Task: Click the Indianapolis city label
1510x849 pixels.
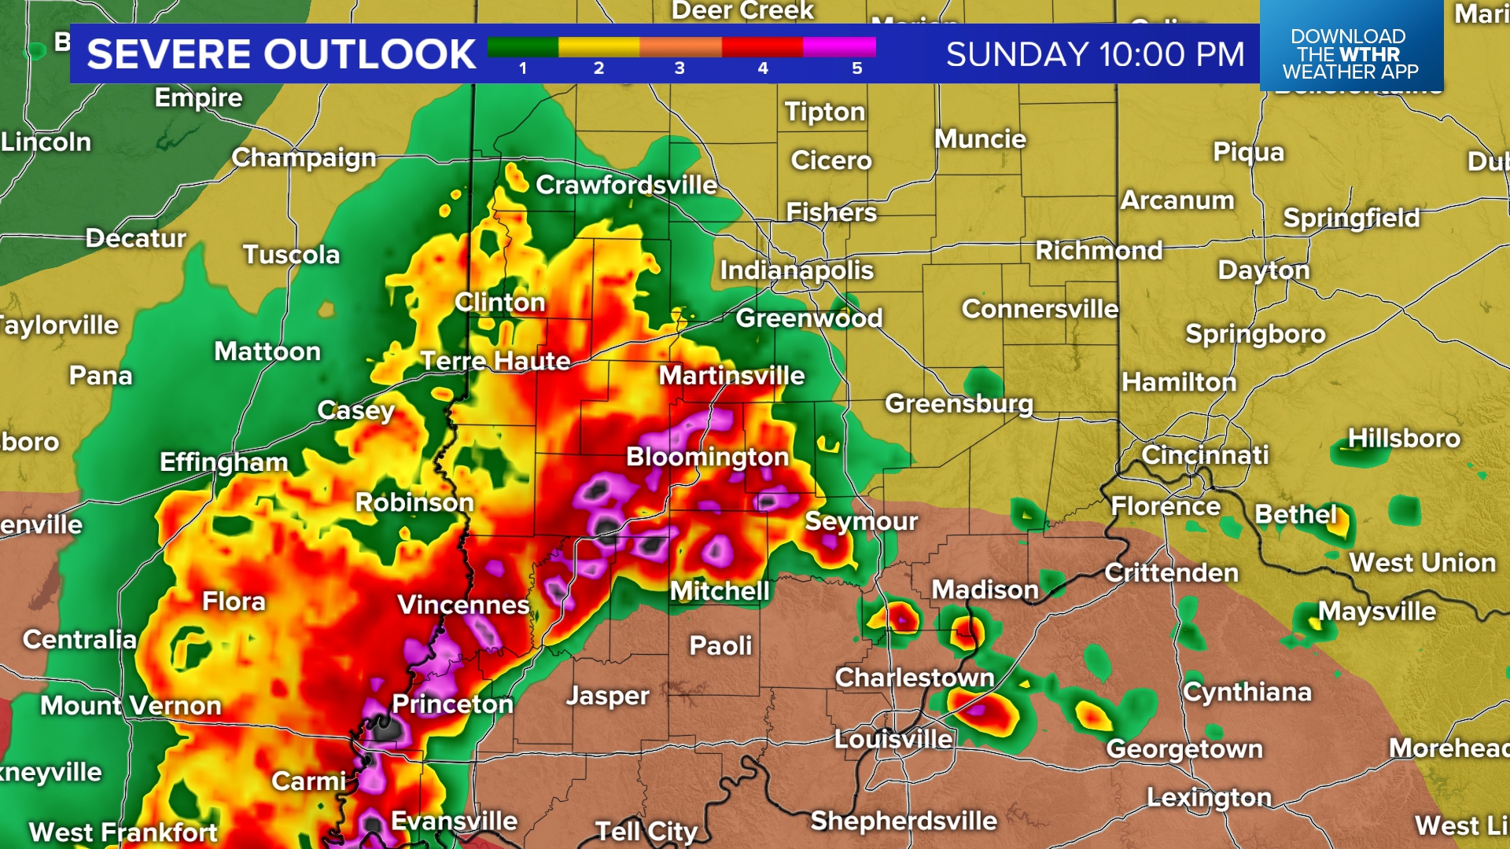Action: coord(797,270)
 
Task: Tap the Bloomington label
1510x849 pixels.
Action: coord(707,457)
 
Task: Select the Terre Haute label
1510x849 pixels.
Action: coord(495,361)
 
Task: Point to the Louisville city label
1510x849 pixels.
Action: coord(893,739)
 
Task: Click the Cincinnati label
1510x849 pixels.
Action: coord(1205,454)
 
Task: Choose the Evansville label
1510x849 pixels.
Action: coord(455,821)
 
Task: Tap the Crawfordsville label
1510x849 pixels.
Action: coord(626,185)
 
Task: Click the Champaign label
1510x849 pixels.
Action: coord(304,158)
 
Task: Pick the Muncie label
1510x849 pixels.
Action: coord(980,139)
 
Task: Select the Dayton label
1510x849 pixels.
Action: coord(1264,270)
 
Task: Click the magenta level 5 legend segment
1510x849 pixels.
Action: coord(839,47)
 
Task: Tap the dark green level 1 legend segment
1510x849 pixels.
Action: coord(522,47)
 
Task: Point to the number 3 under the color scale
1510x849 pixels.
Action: coord(679,68)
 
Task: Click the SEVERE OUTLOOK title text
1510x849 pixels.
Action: coord(282,54)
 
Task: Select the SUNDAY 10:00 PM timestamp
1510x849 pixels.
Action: coord(1095,54)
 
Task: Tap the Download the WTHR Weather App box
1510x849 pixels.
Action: coord(1350,53)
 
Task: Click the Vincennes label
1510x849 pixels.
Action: coord(463,605)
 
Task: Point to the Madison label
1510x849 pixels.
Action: coord(985,590)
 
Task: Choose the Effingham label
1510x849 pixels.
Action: coord(223,462)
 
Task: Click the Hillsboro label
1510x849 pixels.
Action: coord(1404,438)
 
